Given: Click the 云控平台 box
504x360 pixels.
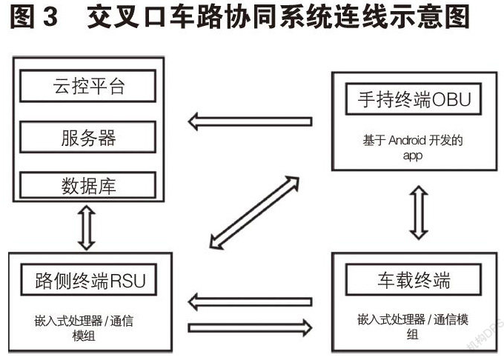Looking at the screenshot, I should (87, 87).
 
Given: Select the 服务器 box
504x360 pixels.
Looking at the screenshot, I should (87, 138).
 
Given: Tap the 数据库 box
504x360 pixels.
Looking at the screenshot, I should (87, 185).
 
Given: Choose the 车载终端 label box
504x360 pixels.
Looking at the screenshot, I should (412, 281).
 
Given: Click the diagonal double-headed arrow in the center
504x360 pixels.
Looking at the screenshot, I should (254, 212).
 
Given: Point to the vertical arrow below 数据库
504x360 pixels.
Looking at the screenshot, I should (87, 227).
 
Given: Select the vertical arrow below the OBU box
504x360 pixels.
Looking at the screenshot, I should (419, 213).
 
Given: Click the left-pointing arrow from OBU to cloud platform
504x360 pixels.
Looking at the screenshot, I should (249, 119).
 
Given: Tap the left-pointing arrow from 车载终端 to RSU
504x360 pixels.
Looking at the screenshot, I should (249, 301).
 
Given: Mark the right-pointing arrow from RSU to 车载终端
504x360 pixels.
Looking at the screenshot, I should (249, 327).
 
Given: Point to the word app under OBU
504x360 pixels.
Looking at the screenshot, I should (413, 156).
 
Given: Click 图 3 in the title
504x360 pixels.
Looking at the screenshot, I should (33, 17).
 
